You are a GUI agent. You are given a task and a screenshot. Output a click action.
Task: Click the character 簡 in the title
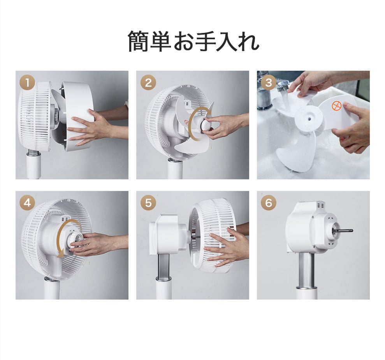click(139, 42)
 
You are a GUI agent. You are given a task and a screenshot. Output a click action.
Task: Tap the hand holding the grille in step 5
click(226, 248)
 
